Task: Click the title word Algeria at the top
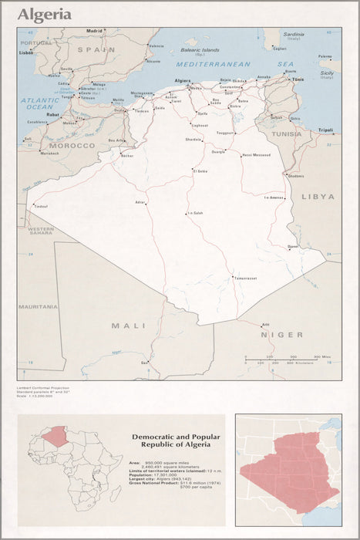coord(45,15)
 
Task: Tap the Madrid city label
coord(94,31)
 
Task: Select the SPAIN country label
coord(96,49)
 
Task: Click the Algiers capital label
coord(183,80)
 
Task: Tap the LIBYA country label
coord(318,197)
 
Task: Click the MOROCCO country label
coord(72,145)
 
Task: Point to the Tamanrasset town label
coord(245,278)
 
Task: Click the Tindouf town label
coord(40,206)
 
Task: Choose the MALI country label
coord(129,326)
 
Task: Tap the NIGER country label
coord(281,334)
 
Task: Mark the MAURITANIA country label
coord(39,306)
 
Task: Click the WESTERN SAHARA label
coord(41,231)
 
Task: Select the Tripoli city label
coord(325,130)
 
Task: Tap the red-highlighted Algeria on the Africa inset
coord(55,437)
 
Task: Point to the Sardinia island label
coord(293,34)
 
